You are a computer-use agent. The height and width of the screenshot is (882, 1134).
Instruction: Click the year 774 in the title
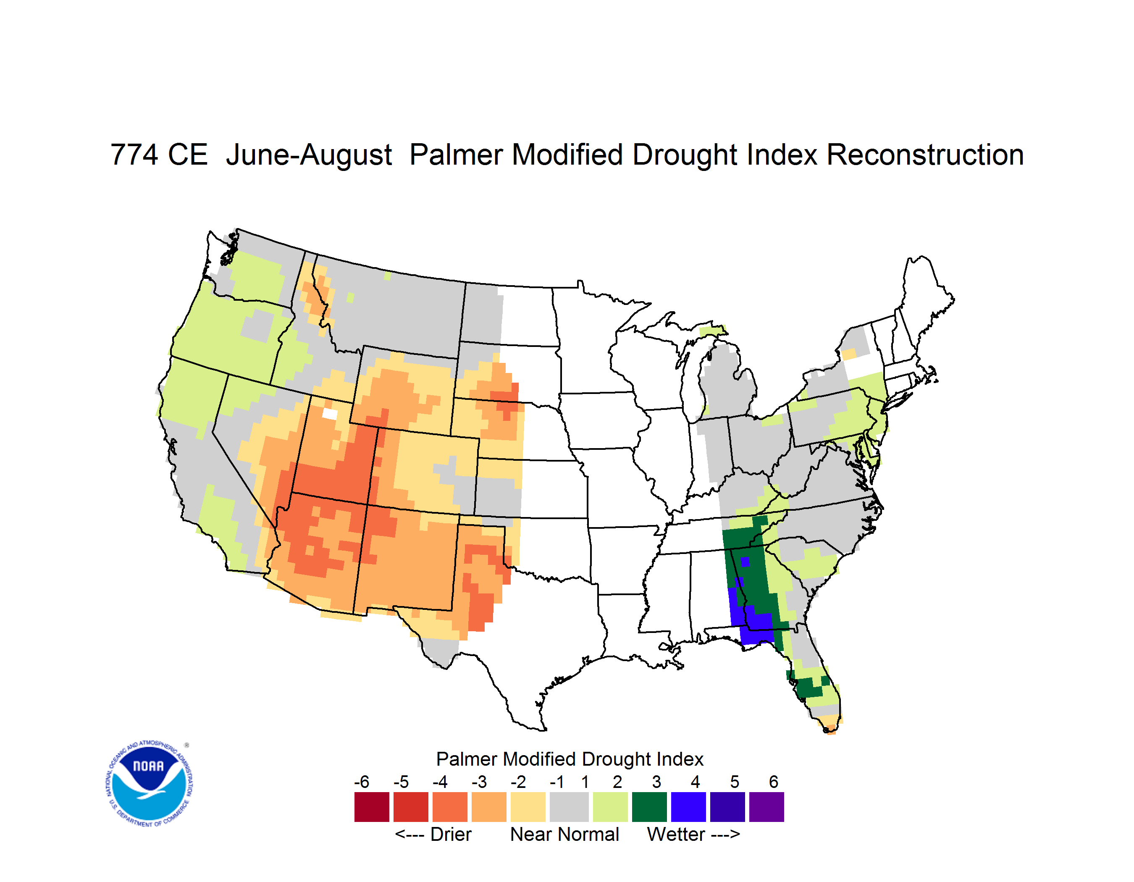point(134,155)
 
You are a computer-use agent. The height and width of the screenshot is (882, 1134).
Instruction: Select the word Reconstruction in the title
point(925,155)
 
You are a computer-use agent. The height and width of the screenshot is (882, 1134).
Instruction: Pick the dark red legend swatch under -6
point(372,807)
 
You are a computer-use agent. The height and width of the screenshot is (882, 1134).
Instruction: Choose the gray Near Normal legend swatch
point(569,807)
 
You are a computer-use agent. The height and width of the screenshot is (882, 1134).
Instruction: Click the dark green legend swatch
point(649,807)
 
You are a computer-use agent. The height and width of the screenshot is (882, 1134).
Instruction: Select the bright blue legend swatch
point(688,807)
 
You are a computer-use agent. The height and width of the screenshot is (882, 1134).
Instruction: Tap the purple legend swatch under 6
point(766,807)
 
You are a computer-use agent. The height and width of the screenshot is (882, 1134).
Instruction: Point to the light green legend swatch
point(610,807)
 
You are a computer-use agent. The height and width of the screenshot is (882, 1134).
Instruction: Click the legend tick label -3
point(479,782)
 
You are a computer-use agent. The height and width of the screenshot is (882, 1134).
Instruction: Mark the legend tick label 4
point(695,782)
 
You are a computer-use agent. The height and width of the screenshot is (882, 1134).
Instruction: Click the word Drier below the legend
point(451,834)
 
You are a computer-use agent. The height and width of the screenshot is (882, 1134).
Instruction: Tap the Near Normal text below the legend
point(564,834)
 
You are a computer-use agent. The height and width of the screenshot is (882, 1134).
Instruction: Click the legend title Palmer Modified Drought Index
point(570,759)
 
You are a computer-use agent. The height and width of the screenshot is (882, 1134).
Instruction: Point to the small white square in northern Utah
point(330,414)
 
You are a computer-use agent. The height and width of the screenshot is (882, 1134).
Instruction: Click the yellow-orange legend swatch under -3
point(488,807)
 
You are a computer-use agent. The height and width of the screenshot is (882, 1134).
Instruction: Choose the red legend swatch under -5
point(411,807)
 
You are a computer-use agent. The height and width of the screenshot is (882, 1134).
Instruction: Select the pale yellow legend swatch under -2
point(528,807)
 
